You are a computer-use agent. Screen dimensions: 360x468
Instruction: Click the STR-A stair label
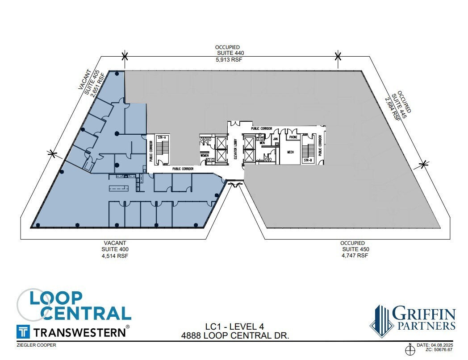pos(162,137)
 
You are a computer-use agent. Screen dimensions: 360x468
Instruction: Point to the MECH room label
pos(290,152)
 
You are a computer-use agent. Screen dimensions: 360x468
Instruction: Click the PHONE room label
pos(293,137)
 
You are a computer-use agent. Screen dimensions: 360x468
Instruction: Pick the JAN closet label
pos(276,139)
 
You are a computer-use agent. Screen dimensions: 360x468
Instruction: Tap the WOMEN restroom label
pos(205,155)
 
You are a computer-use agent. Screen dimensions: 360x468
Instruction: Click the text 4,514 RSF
pos(116,256)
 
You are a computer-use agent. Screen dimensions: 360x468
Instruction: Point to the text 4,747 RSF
pos(355,256)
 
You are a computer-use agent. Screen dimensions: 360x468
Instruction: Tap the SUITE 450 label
pos(355,249)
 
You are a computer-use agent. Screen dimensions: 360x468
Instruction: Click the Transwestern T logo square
pos(23,331)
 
